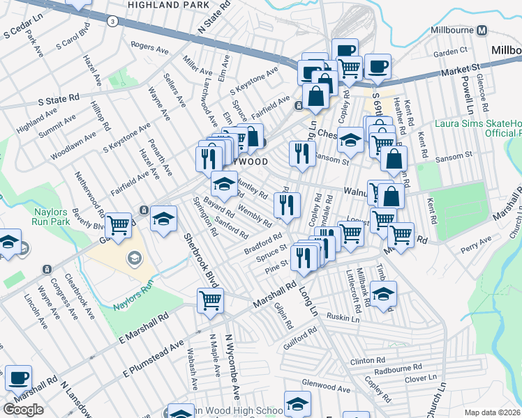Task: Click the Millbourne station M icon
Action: pos(481,31)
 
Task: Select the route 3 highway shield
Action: pos(112,22)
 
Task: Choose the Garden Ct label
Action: pos(449,52)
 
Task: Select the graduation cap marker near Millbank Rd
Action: pos(383,293)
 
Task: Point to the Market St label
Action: pos(461,70)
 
